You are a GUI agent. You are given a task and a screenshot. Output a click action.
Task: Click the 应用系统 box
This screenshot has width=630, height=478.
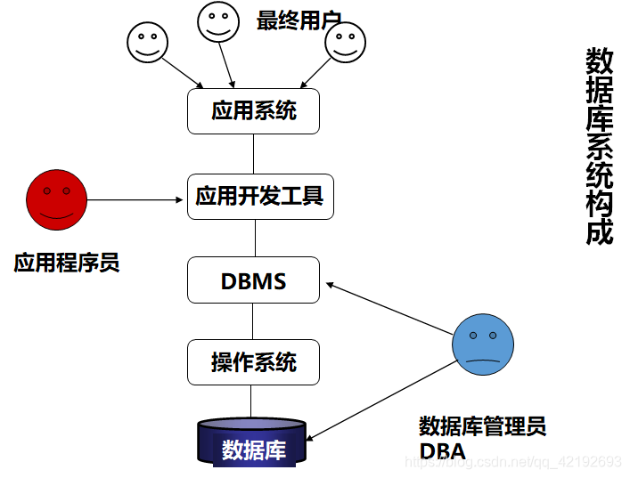[253, 111]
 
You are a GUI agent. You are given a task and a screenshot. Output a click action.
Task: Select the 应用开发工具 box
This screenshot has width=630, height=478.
[260, 196]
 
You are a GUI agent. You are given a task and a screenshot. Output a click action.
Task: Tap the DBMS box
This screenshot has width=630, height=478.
[253, 280]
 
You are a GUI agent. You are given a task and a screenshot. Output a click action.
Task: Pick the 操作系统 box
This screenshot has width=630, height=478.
[253, 361]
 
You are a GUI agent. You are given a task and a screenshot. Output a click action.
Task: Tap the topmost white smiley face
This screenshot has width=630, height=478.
[216, 21]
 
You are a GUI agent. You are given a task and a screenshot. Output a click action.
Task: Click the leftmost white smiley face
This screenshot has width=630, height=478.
[146, 42]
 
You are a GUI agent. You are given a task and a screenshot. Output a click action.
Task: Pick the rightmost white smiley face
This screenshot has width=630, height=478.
[345, 43]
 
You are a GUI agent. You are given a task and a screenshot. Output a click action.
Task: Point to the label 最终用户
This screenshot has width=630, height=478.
[299, 20]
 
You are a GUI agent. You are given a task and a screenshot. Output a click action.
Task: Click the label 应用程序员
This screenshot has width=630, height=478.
[67, 263]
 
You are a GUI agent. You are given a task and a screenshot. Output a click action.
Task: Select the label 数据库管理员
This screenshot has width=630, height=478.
[482, 425]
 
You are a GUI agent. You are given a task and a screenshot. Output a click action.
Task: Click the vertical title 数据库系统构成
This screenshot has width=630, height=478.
[599, 147]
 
